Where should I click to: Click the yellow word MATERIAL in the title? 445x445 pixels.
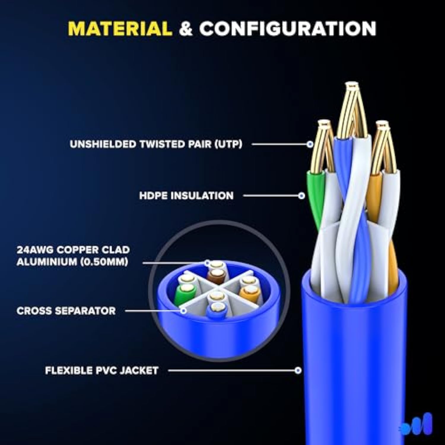coord(120,29)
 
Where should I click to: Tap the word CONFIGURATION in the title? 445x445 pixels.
coord(287,29)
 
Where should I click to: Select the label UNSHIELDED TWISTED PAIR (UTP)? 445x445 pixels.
coord(156,144)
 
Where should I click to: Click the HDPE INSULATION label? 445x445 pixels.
coord(186,196)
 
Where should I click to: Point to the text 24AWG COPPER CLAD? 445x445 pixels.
coord(73,250)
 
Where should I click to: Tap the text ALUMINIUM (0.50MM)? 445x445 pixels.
coord(72,262)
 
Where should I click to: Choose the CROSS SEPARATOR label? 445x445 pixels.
coord(66,311)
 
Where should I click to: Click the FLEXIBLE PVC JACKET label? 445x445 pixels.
coord(101,371)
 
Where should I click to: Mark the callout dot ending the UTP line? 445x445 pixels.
coord(310,144)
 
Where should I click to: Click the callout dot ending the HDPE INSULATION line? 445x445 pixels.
coord(302,196)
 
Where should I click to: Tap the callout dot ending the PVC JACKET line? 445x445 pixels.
coord(298,370)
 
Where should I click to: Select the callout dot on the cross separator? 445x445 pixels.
coord(184,311)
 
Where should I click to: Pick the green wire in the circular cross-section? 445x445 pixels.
coord(184,293)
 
